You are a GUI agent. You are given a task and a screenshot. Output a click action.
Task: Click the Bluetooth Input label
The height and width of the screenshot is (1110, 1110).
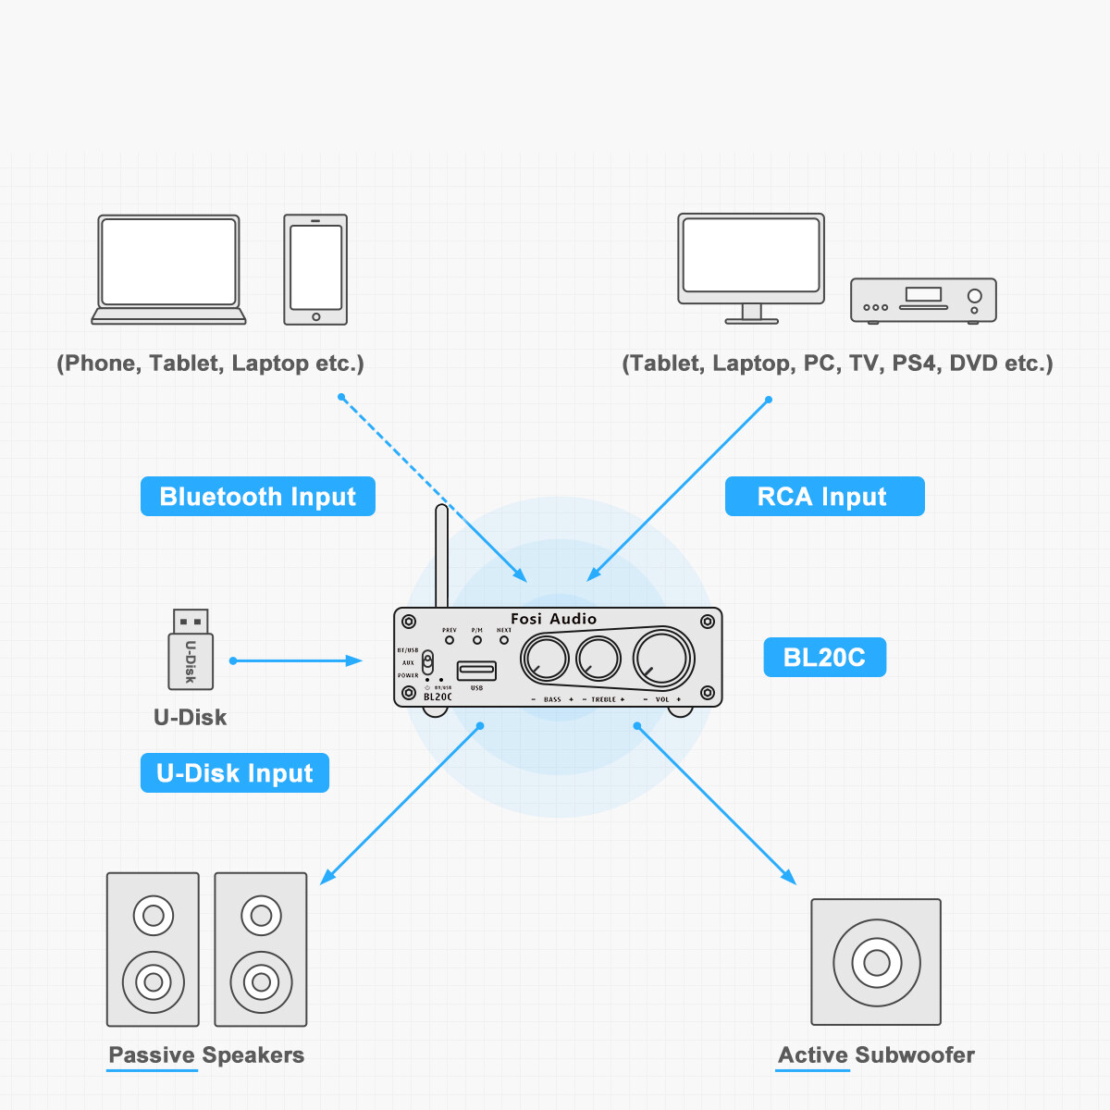(257, 497)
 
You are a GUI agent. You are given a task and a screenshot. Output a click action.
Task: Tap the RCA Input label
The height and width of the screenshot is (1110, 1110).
(824, 497)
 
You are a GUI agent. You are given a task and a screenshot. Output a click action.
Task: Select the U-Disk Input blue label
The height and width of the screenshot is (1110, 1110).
(235, 773)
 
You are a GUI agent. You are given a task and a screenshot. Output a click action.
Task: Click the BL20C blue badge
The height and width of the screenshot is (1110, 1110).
(824, 658)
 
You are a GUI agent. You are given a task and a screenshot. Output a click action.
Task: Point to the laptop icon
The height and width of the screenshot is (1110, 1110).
(168, 269)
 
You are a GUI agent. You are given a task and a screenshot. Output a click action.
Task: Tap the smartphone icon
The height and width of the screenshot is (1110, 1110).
(315, 269)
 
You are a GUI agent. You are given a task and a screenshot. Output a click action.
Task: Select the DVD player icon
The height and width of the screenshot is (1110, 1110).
(923, 300)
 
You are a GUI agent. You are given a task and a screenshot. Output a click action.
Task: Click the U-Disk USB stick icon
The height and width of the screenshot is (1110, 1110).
(191, 649)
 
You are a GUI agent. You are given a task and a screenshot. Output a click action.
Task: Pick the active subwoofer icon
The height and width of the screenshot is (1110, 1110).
(876, 962)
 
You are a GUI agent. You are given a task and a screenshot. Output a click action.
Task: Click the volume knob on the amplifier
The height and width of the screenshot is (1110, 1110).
(662, 658)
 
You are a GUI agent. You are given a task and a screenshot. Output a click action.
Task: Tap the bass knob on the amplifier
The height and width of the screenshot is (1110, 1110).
(545, 659)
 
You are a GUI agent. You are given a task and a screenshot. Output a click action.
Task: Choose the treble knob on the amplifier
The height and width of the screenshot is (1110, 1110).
(598, 659)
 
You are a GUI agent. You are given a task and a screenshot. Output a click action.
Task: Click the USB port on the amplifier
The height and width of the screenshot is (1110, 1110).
(476, 670)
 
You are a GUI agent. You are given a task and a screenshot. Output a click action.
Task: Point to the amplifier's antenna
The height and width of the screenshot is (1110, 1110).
(442, 555)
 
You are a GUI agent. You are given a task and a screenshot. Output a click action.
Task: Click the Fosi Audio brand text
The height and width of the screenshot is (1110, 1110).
(553, 619)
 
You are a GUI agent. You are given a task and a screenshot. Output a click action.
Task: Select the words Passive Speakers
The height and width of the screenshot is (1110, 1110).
(206, 1055)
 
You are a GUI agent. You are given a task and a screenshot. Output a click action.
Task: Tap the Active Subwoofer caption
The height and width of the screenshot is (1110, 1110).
(876, 1055)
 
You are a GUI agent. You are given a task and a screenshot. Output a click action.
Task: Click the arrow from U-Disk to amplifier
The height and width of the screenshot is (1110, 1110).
(296, 660)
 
